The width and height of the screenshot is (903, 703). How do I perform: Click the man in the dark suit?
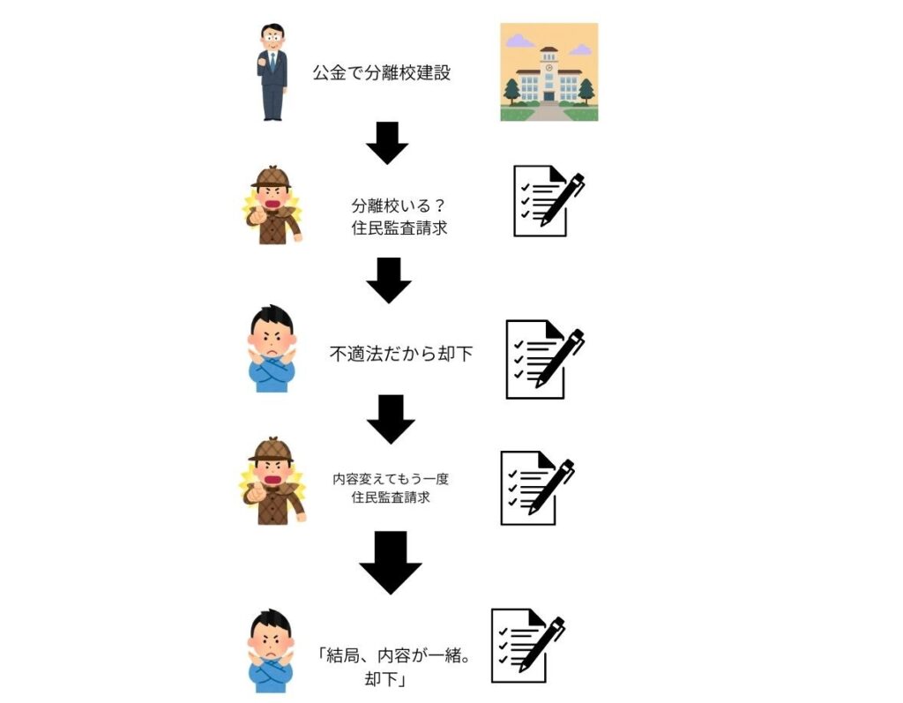pos(272,72)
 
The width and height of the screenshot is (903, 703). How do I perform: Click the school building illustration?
pos(549,73)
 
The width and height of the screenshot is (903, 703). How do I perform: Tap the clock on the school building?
pos(549,66)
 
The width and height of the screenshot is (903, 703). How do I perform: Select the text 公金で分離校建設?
pos(381,73)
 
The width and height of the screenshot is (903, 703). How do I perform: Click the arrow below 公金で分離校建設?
pos(387,143)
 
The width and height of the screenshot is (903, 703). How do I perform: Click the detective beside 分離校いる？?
pos(272,205)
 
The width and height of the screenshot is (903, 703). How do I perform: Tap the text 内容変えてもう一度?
pos(391,479)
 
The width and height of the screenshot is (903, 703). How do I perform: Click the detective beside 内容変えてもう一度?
pos(272,482)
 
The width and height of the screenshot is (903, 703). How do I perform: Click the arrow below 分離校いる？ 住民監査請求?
pos(389,280)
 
